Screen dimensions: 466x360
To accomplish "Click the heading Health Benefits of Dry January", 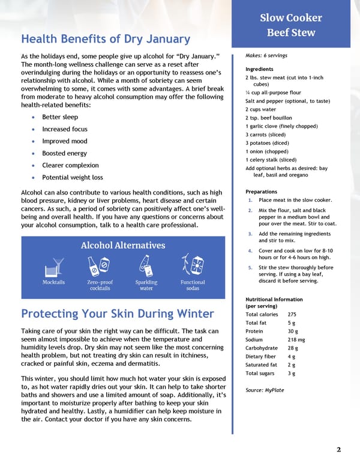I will [x=106, y=39].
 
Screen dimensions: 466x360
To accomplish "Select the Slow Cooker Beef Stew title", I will [x=291, y=25].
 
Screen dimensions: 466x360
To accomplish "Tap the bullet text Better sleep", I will [x=60, y=117].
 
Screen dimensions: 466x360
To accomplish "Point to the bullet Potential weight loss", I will [x=72, y=177].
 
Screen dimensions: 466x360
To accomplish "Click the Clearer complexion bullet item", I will [x=70, y=165].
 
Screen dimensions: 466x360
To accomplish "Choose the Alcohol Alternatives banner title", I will [x=122, y=245].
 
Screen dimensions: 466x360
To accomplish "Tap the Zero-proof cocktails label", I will [x=100, y=285].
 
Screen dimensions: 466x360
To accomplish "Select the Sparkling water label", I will [x=146, y=285].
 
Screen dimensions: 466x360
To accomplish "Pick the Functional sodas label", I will [x=193, y=285].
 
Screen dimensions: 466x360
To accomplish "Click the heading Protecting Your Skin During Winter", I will [x=117, y=313].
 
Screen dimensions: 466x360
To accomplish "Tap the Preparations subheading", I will [x=262, y=192].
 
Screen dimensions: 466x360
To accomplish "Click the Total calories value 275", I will [x=292, y=314].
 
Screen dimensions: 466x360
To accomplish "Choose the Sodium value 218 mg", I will [x=296, y=339].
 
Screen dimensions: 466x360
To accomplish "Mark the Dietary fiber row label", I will [x=261, y=356].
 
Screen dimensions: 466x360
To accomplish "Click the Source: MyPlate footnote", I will [x=265, y=390].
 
